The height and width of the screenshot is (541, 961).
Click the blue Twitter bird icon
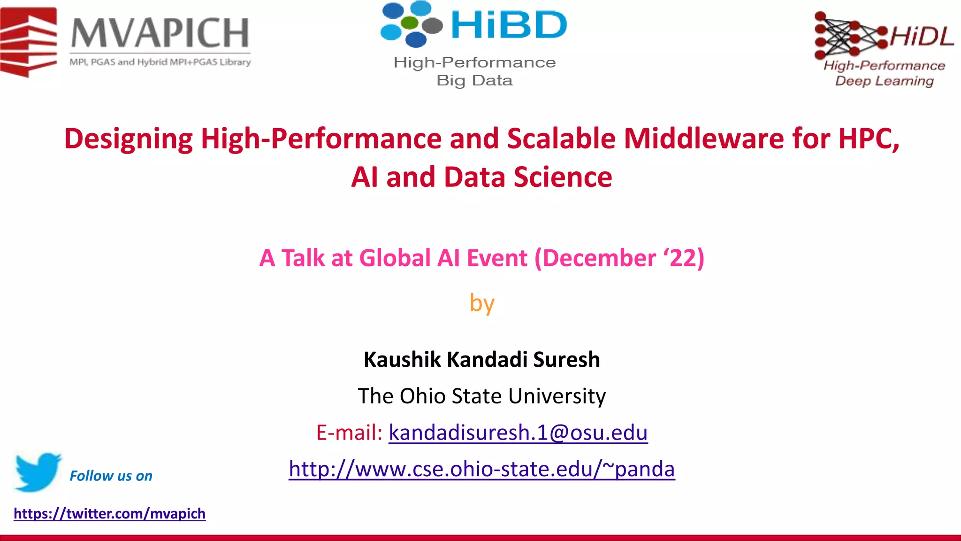(37, 471)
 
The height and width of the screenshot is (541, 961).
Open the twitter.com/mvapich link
(109, 513)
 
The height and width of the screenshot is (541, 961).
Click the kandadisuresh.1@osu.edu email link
(518, 433)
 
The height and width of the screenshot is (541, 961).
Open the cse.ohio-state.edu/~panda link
(481, 469)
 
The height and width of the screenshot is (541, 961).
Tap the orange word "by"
(482, 303)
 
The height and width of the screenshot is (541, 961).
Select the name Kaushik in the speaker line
(402, 360)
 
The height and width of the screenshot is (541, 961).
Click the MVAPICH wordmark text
(160, 33)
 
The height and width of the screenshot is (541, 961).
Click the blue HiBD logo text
(509, 24)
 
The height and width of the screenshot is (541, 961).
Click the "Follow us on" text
(111, 476)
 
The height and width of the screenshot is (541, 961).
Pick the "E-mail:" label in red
(349, 433)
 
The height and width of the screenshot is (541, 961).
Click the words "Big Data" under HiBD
(474, 81)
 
